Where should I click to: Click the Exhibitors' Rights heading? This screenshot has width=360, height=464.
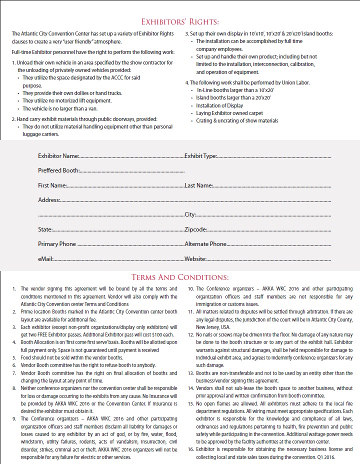point(180,22)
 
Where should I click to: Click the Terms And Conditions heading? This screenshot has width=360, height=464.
point(180,277)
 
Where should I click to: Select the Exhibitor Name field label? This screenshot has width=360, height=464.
point(58,156)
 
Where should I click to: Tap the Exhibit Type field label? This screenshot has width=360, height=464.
point(200,156)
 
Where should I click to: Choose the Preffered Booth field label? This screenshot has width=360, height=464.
point(58,170)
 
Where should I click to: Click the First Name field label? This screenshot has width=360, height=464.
point(52,185)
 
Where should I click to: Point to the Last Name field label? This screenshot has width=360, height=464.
point(198,185)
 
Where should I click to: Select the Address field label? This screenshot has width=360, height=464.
point(49,200)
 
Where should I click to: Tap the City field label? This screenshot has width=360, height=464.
point(190,214)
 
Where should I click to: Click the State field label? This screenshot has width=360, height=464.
point(45,229)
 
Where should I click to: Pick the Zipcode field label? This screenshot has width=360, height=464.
point(195,229)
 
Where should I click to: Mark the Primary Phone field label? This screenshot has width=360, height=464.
point(57,244)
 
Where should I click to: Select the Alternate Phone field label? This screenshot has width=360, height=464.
point(205,244)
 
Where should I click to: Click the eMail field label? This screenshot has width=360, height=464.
point(45,259)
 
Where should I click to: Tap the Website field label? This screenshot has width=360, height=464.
point(195,259)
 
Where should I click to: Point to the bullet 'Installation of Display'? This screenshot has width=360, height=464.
point(220,105)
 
